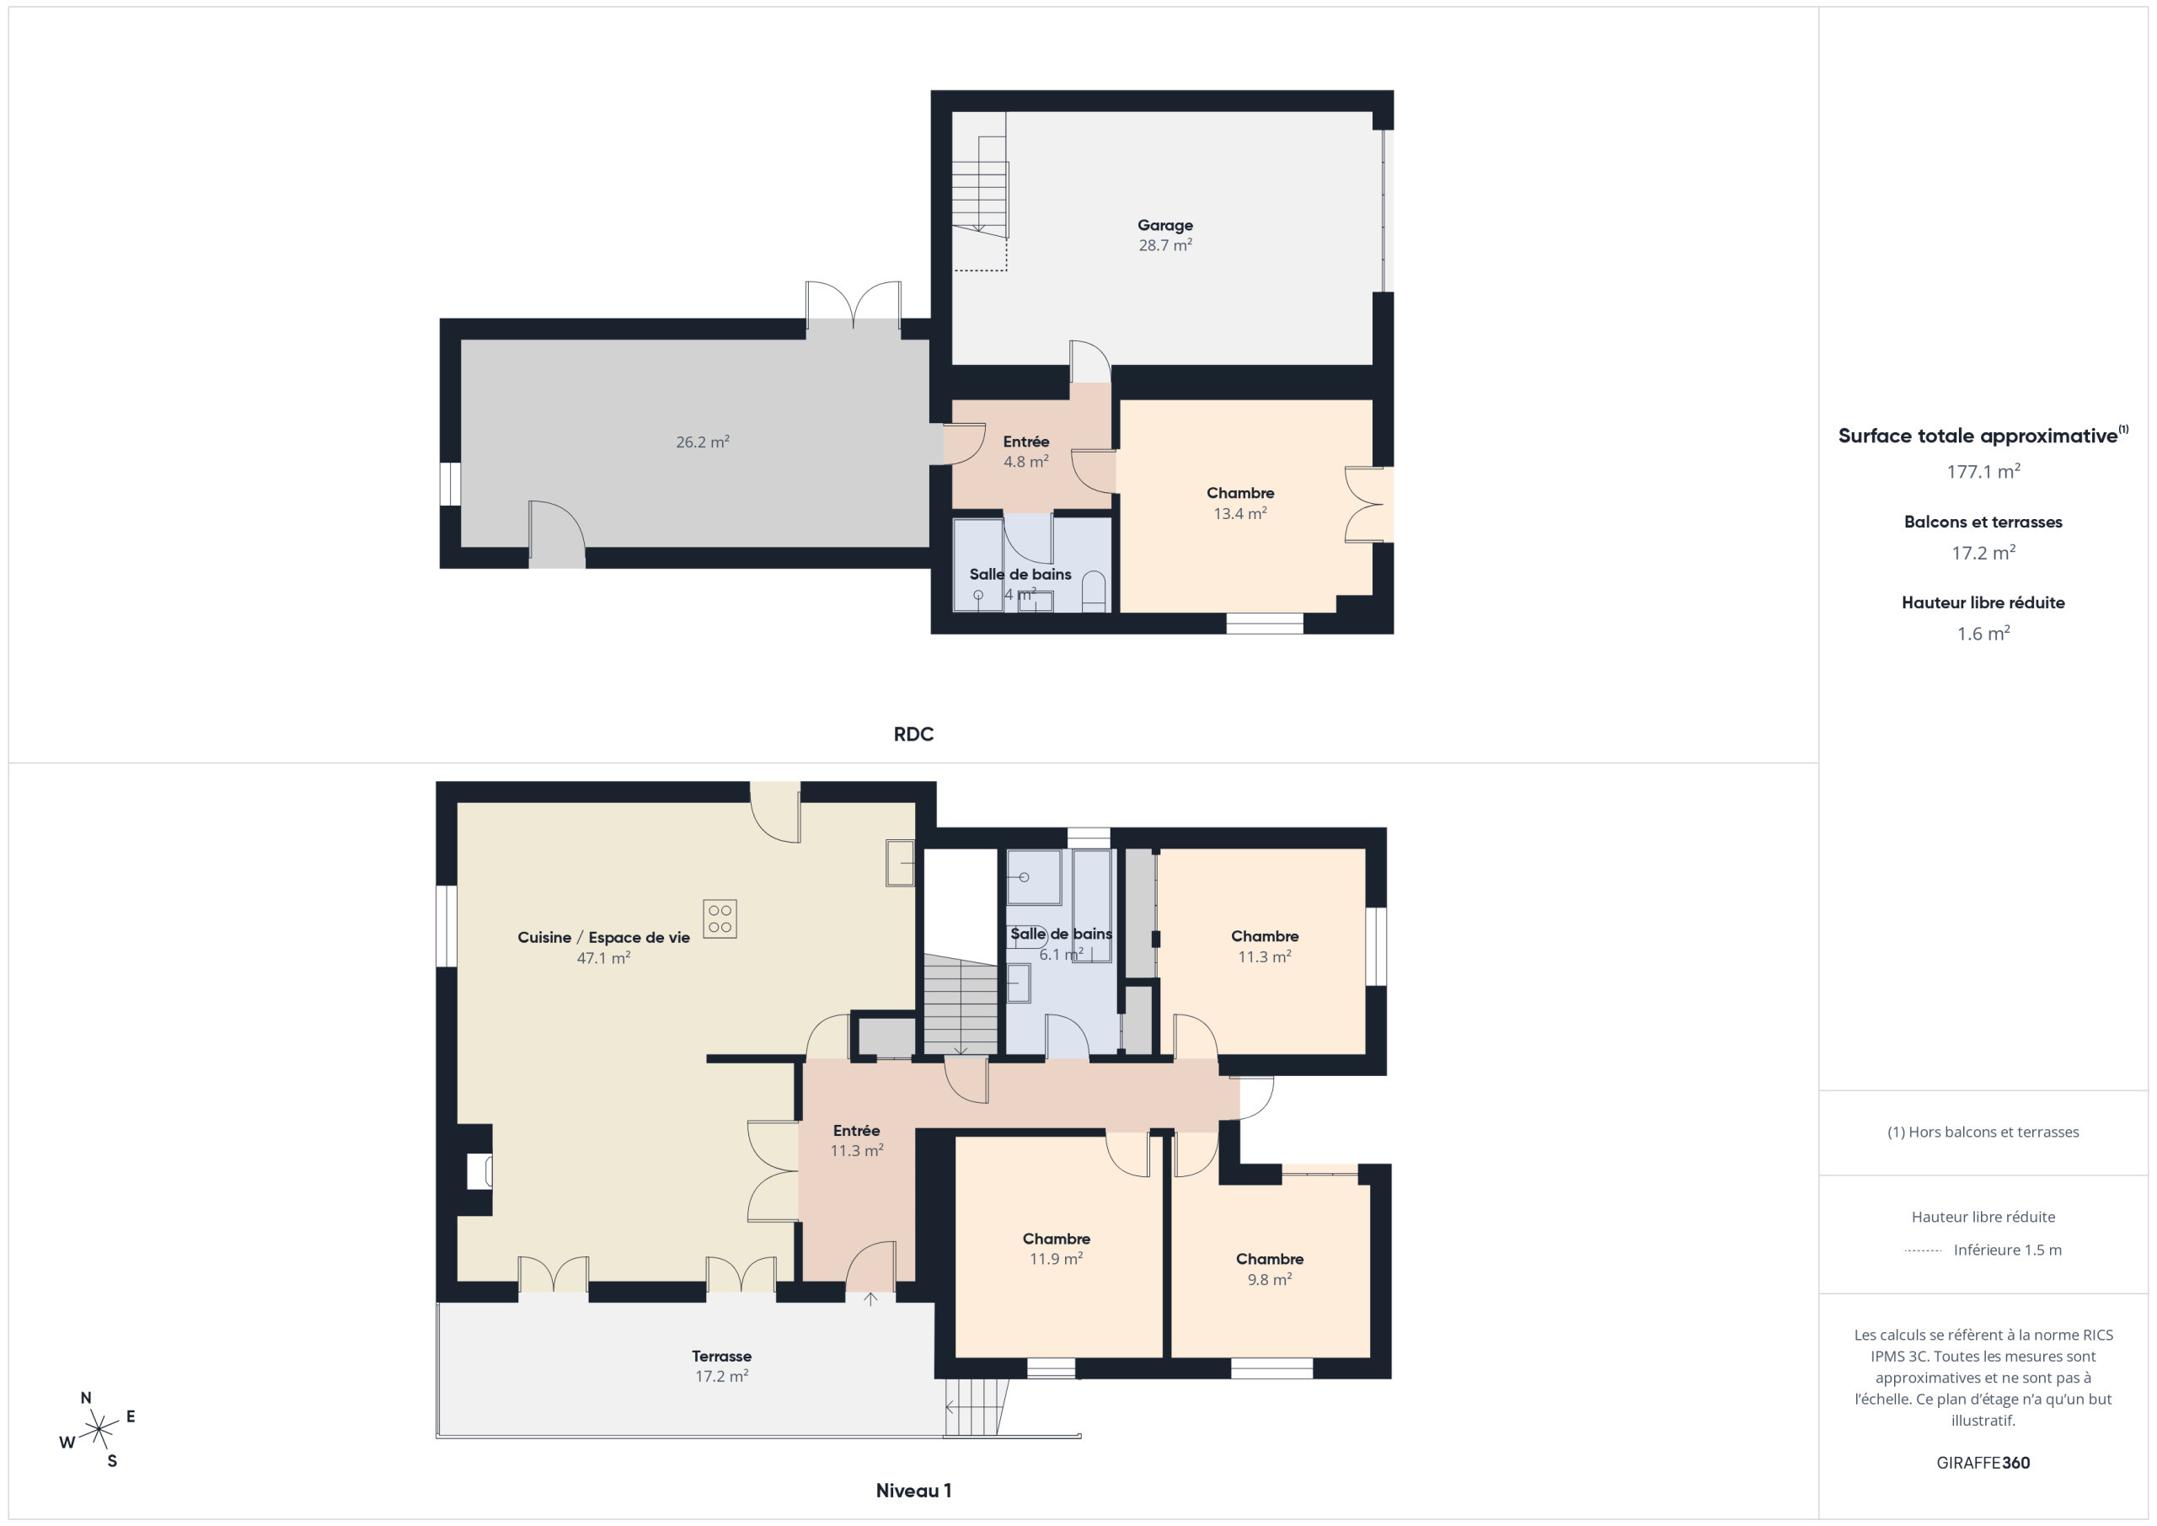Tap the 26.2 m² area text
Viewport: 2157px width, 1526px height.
[703, 442]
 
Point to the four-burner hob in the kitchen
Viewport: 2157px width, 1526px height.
[720, 919]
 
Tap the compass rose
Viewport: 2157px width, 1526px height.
[98, 1430]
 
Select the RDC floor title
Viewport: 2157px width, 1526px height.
[913, 734]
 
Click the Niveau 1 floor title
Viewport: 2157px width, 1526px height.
[913, 1491]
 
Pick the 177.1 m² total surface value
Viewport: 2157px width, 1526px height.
[1983, 471]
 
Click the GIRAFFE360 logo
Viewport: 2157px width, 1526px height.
[1983, 1463]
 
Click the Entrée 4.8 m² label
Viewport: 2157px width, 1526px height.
[1026, 452]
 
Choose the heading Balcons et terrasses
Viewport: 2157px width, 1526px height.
[1983, 522]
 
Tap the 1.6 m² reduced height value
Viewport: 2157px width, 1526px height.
[1983, 634]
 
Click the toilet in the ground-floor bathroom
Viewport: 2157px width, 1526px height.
[1094, 593]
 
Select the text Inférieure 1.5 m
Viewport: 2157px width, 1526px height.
[2008, 1250]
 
